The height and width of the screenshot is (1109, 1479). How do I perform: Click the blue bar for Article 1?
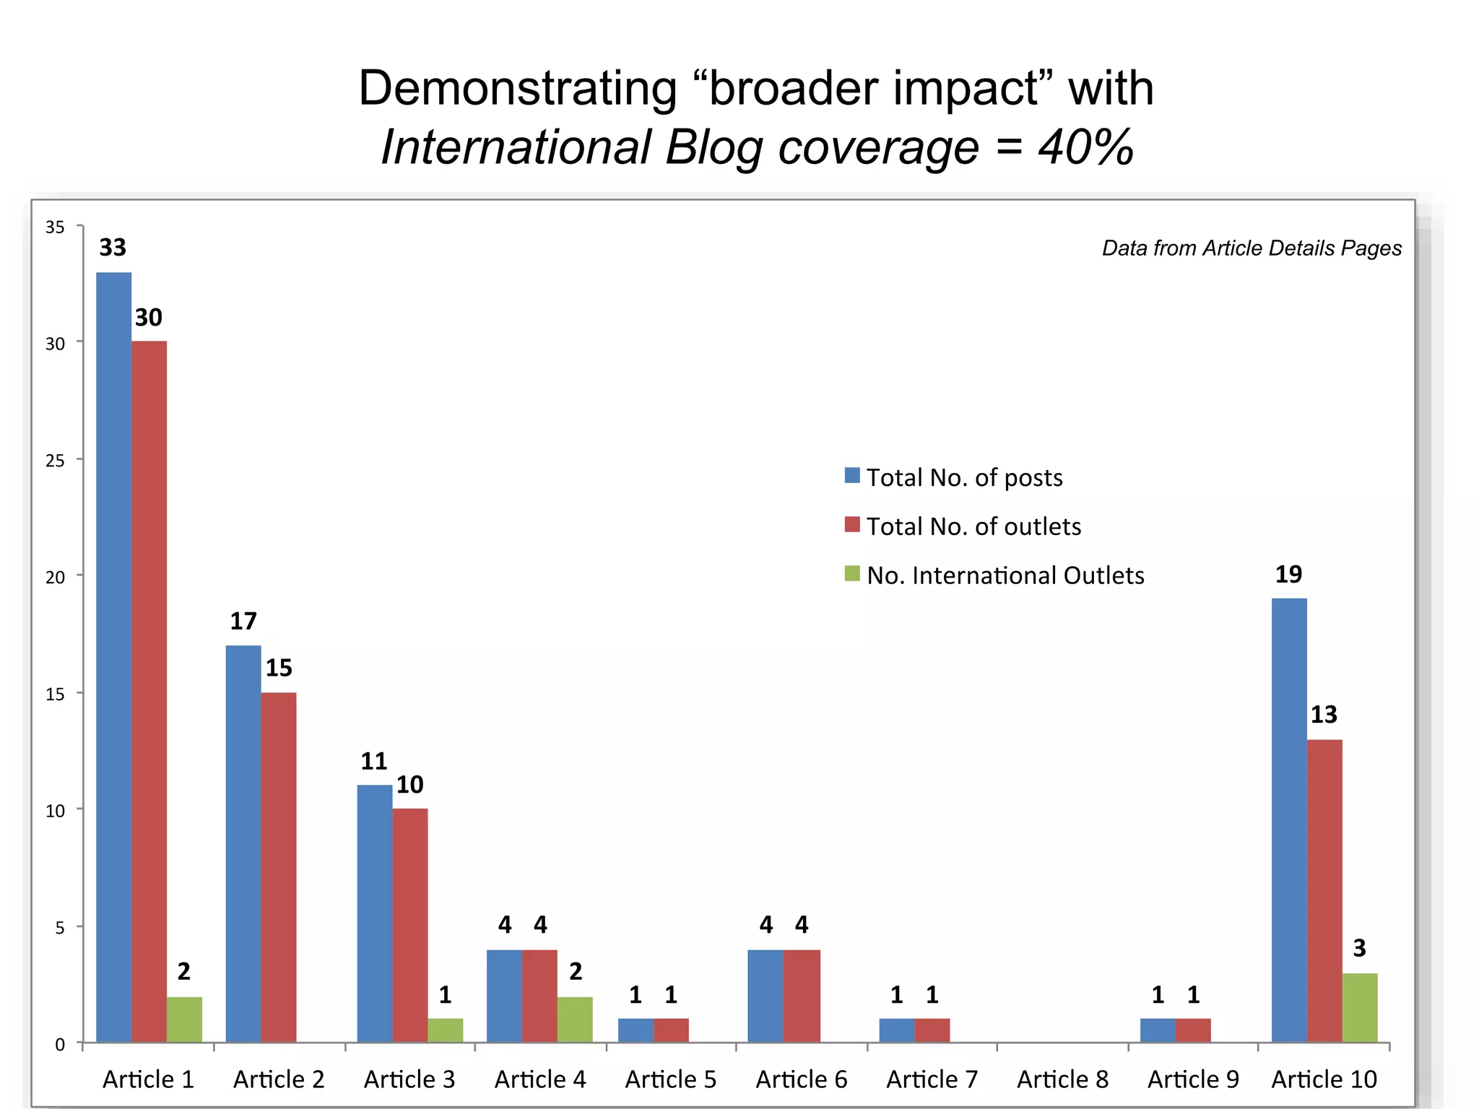click(x=113, y=657)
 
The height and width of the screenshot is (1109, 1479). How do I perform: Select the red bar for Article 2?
click(x=279, y=866)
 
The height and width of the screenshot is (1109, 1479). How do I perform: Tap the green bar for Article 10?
click(x=1360, y=1008)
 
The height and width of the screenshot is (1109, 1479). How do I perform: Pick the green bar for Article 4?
click(x=575, y=1019)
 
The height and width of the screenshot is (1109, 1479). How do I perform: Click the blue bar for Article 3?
click(x=375, y=913)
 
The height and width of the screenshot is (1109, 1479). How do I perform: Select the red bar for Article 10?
click(x=1324, y=890)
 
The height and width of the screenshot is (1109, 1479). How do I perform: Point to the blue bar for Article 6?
click(x=765, y=996)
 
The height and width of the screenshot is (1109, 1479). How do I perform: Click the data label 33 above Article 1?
click(x=113, y=248)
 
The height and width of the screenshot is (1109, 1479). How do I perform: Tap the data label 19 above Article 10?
click(x=1288, y=575)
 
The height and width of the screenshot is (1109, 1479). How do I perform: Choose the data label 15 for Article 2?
click(x=279, y=668)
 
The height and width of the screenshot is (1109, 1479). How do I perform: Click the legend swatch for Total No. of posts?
click(x=852, y=476)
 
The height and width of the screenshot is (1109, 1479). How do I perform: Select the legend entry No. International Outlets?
click(x=1005, y=575)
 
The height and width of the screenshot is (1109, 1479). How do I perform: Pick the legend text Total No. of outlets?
click(x=973, y=526)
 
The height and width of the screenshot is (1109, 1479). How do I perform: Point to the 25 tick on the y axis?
click(x=55, y=461)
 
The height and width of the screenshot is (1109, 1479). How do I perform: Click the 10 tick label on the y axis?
click(x=55, y=811)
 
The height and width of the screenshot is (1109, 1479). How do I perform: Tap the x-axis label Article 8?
click(x=1062, y=1079)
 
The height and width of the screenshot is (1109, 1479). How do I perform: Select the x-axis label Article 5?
click(x=670, y=1079)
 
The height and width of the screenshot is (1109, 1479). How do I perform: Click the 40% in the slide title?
click(x=1085, y=147)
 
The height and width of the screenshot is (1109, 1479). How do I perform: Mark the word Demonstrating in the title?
click(x=517, y=88)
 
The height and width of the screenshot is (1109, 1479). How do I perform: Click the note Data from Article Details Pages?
click(x=1252, y=248)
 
